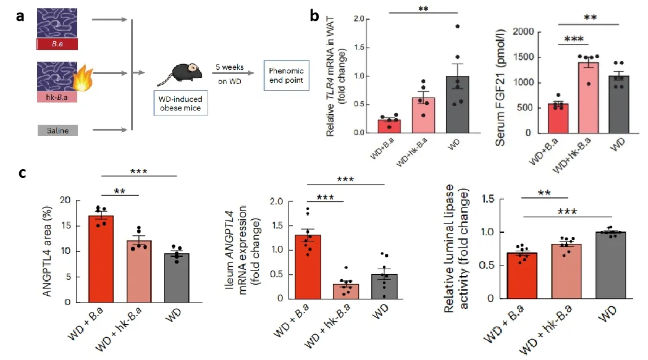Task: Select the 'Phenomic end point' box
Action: pos(286,75)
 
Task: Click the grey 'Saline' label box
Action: pos(57,130)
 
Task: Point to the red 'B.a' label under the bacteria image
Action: pos(57,44)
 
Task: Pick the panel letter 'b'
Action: pos(314,16)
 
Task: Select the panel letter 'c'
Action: pos(22,172)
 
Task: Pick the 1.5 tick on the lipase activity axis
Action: pos(489,199)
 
